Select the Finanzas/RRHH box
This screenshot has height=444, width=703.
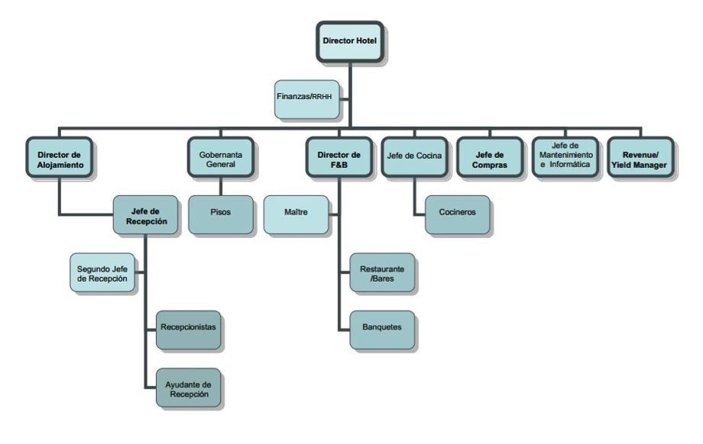(307, 98)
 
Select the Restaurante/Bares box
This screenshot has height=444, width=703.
(382, 274)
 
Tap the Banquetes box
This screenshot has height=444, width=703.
(382, 328)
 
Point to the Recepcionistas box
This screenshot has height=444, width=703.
(189, 328)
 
